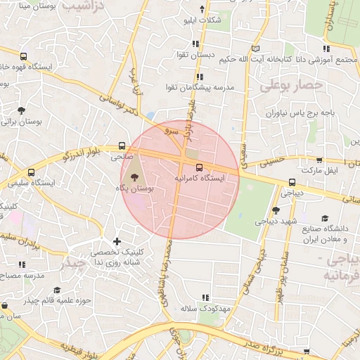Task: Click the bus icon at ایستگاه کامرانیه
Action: [199, 167]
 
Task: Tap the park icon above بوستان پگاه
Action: [135, 178]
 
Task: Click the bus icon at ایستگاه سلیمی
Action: [31, 172]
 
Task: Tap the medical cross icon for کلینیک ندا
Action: [117, 243]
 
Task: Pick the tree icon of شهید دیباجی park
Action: [276, 210]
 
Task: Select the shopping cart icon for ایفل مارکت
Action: [321, 160]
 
